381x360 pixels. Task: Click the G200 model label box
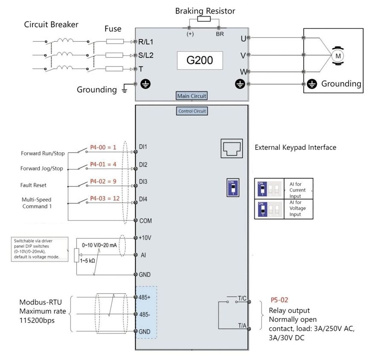pos(200,60)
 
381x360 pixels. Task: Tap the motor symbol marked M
pos(338,56)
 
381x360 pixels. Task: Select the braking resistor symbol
pos(204,19)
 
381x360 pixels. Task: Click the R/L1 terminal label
pos(146,42)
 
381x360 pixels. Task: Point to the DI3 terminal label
pos(143,182)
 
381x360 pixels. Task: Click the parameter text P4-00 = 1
pos(103,147)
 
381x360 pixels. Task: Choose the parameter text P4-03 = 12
pos(105,198)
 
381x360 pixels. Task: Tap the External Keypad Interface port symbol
pos(232,148)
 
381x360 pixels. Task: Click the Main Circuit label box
pos(192,96)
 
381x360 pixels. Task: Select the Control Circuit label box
pos(192,111)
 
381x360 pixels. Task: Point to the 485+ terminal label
pos(144,297)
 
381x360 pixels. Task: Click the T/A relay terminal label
pos(242,325)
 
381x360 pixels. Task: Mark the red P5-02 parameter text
pos(279,300)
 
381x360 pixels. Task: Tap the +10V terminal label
pos(145,238)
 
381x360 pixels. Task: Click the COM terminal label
pos(145,221)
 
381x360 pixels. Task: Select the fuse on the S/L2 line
pos(114,55)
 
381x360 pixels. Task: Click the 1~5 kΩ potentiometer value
pos(87,261)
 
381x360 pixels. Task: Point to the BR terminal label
pos(220,34)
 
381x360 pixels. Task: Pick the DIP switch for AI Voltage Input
pos(263,209)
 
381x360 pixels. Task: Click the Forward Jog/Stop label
pos(42,168)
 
